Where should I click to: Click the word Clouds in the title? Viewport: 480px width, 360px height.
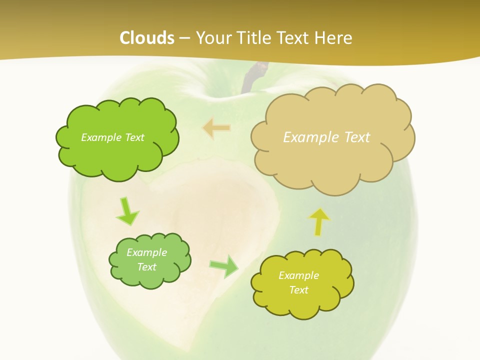(147, 38)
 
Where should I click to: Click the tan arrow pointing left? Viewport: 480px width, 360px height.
(216, 128)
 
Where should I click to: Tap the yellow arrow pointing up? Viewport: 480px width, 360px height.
(319, 221)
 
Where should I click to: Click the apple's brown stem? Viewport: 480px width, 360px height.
(249, 79)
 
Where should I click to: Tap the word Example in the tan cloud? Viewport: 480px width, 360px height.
(312, 137)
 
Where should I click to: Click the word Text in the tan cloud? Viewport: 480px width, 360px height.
(357, 137)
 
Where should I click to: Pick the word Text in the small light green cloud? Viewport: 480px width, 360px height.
(147, 267)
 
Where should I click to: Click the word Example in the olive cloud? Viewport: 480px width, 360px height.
(298, 275)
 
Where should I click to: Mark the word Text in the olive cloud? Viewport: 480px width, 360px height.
(298, 290)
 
